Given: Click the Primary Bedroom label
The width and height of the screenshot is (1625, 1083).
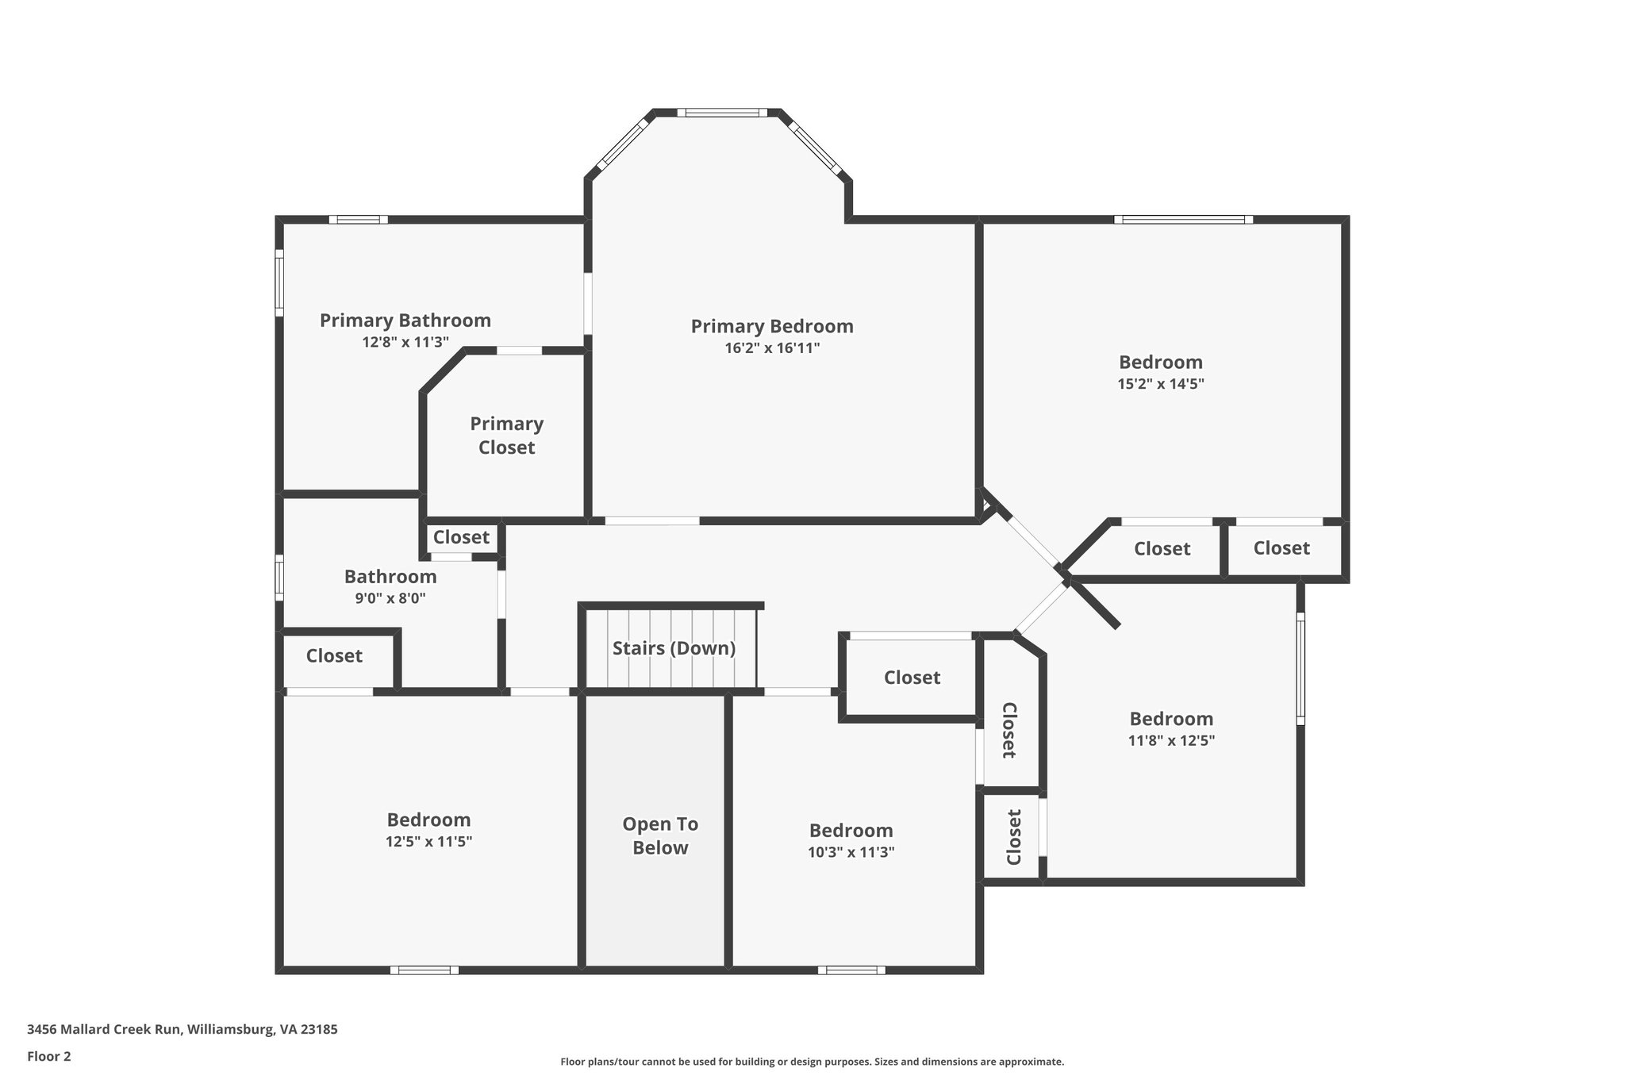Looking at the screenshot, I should click(x=771, y=326).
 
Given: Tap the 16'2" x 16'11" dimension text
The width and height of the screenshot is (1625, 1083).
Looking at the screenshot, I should click(x=771, y=348).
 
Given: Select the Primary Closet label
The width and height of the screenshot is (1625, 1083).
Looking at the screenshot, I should click(x=506, y=436).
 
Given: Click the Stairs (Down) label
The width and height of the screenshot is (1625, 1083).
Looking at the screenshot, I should click(x=674, y=648).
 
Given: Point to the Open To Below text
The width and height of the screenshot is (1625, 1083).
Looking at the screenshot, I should click(x=659, y=835).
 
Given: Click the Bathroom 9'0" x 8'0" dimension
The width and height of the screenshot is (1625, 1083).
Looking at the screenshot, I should click(x=390, y=598).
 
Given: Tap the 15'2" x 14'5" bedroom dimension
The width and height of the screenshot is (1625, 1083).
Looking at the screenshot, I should click(x=1160, y=384).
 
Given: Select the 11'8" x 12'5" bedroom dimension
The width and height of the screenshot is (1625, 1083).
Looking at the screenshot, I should click(x=1171, y=741).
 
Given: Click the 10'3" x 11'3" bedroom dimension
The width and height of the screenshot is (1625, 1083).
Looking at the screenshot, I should click(x=851, y=852).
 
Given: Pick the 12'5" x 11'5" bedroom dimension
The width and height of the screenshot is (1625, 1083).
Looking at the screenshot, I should click(x=428, y=842).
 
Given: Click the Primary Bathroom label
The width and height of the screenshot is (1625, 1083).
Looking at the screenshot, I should click(x=405, y=321).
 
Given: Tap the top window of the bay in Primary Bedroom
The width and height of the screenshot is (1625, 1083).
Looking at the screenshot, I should click(x=726, y=113).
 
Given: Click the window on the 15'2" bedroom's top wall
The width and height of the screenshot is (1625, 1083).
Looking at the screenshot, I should click(x=1182, y=219).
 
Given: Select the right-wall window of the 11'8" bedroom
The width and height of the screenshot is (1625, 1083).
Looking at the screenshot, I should click(x=1300, y=668).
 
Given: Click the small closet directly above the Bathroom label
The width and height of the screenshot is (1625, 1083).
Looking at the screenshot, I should click(x=461, y=537).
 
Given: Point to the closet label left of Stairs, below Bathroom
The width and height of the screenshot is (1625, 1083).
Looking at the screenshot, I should click(x=334, y=656).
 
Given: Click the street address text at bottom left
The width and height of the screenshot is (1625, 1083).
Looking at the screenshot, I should click(x=182, y=1029).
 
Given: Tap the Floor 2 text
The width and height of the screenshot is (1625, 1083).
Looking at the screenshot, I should click(x=49, y=1056).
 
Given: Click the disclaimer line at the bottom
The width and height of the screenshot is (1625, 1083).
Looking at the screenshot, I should click(x=812, y=1062).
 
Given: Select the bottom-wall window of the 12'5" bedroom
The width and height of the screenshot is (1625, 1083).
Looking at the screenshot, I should click(x=424, y=970).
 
